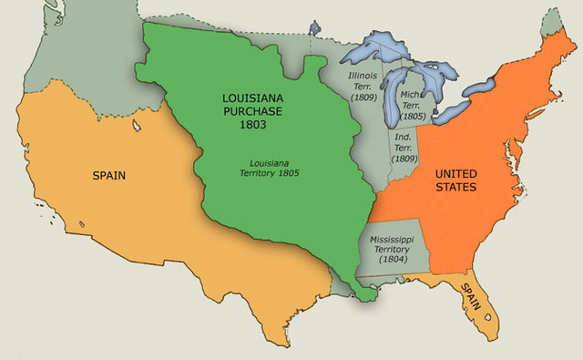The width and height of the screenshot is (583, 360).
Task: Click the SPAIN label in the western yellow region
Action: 108,172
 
